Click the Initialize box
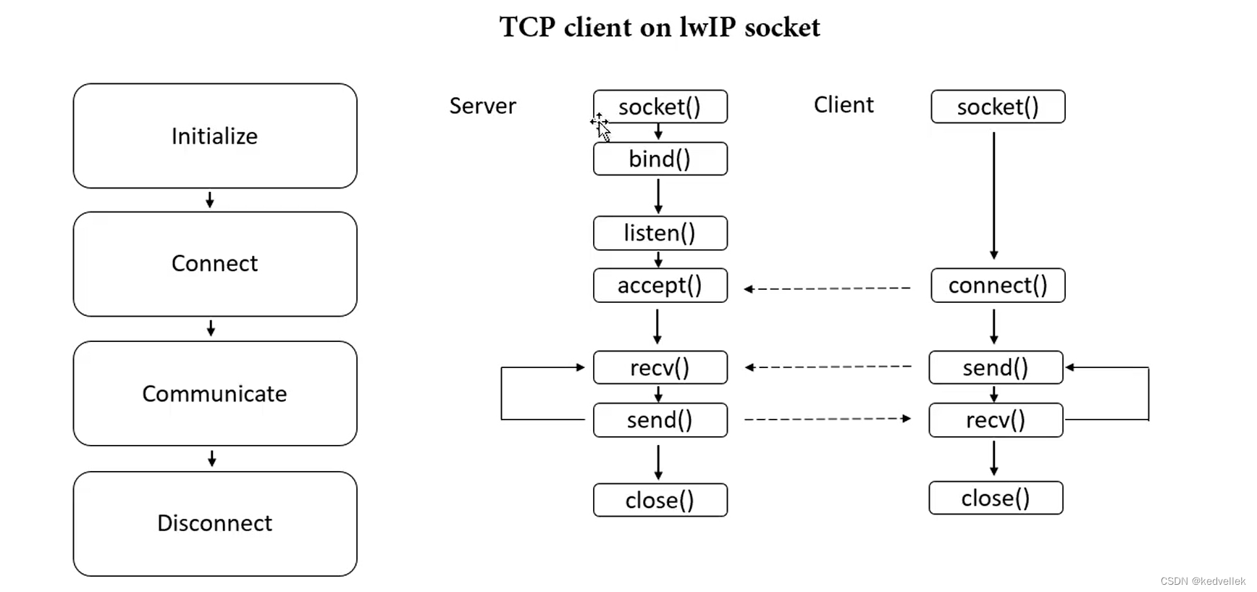click(x=214, y=136)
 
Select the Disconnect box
click(x=214, y=523)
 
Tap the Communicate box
click(x=214, y=393)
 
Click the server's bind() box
click(x=660, y=159)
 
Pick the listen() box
click(x=660, y=233)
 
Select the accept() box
click(x=660, y=285)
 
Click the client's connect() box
click(x=997, y=285)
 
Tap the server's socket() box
click(x=660, y=107)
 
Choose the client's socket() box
click(x=997, y=107)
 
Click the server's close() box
click(x=660, y=500)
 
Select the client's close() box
click(x=996, y=498)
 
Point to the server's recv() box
click(x=660, y=367)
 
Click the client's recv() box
click(x=996, y=420)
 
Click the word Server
click(x=482, y=106)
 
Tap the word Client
click(x=844, y=105)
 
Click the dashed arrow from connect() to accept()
click(x=827, y=288)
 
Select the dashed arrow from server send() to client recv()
click(x=827, y=419)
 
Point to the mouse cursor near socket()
click(x=602, y=128)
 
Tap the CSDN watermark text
click(x=1202, y=581)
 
